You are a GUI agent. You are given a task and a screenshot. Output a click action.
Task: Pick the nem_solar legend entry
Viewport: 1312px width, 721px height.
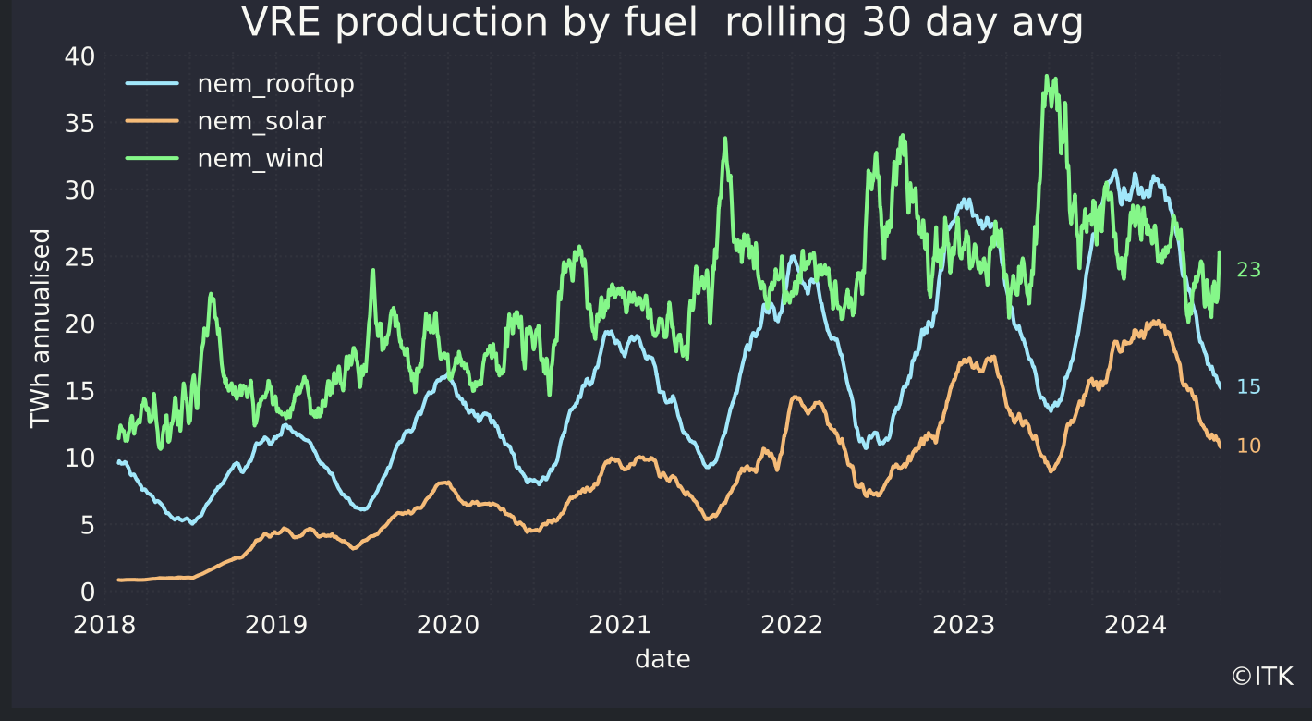tap(261, 121)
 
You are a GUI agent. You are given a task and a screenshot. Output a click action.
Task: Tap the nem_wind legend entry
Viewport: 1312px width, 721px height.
tap(260, 158)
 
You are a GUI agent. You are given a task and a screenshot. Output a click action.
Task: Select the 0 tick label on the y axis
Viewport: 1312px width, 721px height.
tap(87, 592)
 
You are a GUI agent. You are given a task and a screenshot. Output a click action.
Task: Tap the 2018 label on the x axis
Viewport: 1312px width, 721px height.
tap(104, 625)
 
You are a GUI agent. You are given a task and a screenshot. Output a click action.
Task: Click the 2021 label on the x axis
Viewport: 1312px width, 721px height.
tap(620, 625)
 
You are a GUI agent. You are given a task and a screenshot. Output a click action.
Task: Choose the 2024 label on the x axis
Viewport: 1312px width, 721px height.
tap(1136, 625)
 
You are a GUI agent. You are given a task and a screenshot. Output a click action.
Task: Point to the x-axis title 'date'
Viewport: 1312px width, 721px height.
tap(662, 659)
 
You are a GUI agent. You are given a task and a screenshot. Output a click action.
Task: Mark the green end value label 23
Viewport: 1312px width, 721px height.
tap(1248, 270)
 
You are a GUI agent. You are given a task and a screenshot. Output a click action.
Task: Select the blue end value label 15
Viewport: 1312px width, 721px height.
tap(1248, 386)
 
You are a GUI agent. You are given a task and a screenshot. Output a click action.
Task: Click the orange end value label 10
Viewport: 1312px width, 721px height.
tap(1248, 446)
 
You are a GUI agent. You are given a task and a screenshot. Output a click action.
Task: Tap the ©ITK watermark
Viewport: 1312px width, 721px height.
tap(1262, 677)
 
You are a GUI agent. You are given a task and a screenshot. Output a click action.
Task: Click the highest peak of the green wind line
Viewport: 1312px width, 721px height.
tap(1047, 77)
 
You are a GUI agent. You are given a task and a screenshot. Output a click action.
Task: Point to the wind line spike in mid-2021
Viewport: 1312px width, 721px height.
tap(725, 139)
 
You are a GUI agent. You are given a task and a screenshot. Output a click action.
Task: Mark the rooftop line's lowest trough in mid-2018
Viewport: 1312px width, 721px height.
tap(191, 523)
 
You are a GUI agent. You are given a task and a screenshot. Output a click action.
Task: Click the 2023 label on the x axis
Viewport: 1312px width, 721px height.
tap(964, 625)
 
